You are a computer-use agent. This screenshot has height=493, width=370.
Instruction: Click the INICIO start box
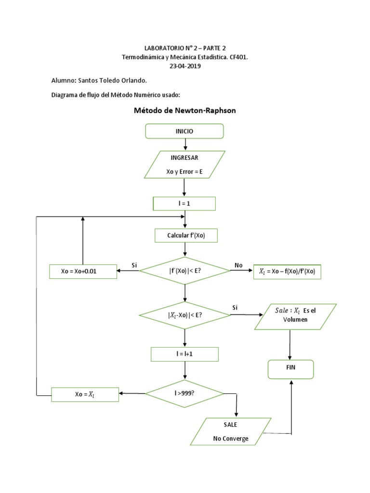point(185,131)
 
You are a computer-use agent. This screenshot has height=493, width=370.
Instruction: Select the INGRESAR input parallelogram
point(185,164)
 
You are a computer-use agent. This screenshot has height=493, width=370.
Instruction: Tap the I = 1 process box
point(184,204)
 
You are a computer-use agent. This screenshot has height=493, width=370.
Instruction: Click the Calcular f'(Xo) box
point(185,235)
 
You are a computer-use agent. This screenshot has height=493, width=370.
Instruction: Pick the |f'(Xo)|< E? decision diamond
point(185,271)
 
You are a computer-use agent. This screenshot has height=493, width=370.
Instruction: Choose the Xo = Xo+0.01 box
point(83,271)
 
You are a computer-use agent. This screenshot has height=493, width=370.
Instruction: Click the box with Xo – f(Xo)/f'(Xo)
point(287,272)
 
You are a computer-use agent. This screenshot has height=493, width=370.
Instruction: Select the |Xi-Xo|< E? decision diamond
point(185,315)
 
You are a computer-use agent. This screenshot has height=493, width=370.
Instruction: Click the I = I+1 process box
point(185,354)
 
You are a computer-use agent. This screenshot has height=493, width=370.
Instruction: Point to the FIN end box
point(291,369)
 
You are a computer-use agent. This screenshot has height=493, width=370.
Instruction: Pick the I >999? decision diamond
point(185,394)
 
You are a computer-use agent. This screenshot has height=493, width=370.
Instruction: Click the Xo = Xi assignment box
point(85,395)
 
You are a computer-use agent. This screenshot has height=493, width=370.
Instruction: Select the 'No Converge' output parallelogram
point(230,432)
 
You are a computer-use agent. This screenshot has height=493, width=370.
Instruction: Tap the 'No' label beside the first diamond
point(239,265)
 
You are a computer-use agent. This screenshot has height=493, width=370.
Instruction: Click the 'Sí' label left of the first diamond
point(134,265)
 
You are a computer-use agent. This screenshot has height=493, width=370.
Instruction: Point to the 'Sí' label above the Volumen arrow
point(235,307)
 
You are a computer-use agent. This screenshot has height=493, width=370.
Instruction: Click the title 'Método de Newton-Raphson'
point(185,111)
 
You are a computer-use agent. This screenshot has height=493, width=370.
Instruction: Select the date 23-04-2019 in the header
point(185,66)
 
